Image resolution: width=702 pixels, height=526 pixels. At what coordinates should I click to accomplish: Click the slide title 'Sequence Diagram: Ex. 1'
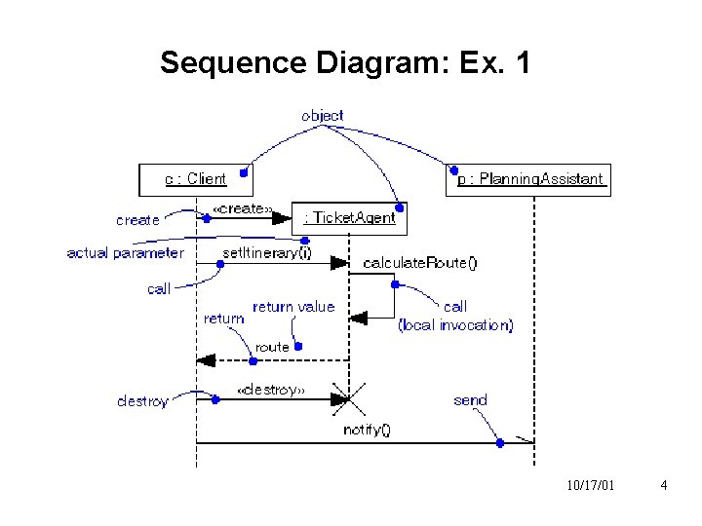pos(345,63)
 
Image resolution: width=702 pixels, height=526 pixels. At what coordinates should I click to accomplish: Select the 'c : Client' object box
pos(195,179)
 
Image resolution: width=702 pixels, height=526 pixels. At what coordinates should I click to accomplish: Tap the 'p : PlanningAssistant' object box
pos(527,180)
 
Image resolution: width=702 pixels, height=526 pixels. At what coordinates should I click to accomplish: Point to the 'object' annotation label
pos(322,115)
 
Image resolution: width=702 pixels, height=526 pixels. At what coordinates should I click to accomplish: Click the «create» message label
pos(241,209)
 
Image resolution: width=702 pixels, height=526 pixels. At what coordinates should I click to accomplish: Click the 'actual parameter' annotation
pos(124,253)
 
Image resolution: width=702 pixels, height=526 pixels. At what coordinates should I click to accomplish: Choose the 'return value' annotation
pos(293,307)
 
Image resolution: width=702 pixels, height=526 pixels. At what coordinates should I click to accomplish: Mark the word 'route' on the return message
pos(273,347)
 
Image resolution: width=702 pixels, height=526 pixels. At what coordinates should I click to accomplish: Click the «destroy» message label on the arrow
pos(271,390)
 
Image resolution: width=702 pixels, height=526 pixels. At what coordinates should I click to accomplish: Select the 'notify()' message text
pos(367,430)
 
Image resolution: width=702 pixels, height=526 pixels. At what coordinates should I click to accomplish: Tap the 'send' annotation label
pos(470,400)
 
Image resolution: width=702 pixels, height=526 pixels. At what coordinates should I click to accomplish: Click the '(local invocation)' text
pos(455,325)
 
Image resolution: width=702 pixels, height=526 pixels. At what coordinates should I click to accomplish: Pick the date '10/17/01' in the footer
pos(589,485)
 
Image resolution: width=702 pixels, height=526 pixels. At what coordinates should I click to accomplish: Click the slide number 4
pos(663,485)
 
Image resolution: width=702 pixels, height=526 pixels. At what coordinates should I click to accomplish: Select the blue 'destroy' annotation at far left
pos(142,401)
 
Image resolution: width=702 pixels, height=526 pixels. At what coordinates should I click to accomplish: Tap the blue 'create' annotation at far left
pos(137,220)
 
